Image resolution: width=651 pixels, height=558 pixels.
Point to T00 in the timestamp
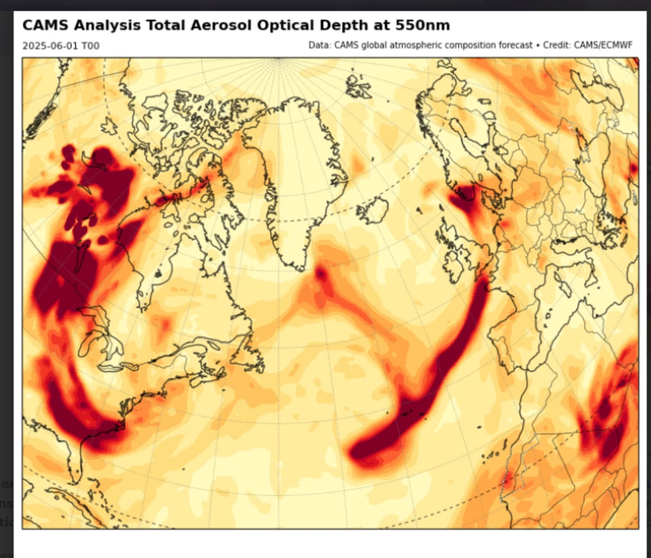[x=90, y=46]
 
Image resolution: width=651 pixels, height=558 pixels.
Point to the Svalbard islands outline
[x=358, y=86]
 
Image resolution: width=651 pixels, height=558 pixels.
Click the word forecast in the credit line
[x=515, y=45]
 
